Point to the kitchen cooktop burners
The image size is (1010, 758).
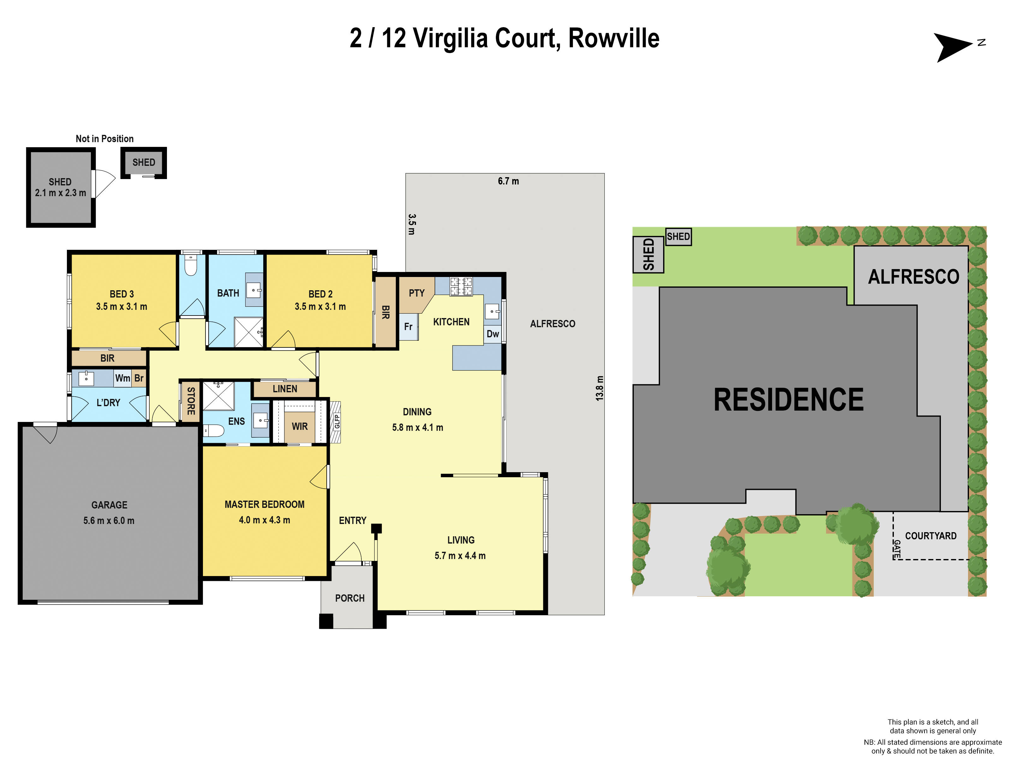461,286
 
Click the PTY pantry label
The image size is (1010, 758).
416,293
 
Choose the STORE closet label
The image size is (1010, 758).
191,401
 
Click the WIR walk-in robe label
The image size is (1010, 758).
300,426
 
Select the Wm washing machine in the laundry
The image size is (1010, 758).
122,378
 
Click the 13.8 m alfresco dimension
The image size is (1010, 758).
599,388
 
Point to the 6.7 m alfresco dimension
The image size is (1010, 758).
508,181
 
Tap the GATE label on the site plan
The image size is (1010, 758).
897,549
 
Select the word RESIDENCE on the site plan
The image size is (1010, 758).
788,400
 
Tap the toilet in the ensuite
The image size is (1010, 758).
214,430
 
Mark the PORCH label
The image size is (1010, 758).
350,598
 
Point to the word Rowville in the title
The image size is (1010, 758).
614,39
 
